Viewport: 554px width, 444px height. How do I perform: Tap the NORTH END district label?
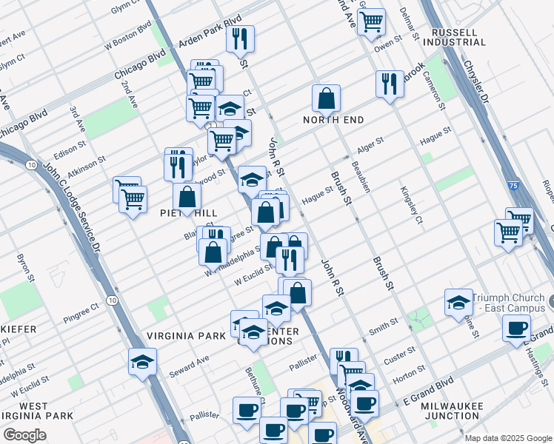coord(333,120)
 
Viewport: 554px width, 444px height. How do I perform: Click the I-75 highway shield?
coord(513,214)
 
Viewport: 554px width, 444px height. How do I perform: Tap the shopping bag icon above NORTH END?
coord(326,98)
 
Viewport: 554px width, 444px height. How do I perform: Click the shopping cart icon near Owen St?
coord(370,21)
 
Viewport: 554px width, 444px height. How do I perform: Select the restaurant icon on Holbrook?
coord(390,84)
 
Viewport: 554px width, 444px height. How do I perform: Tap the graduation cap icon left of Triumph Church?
coord(459,301)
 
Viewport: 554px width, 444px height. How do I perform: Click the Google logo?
coord(24,435)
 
